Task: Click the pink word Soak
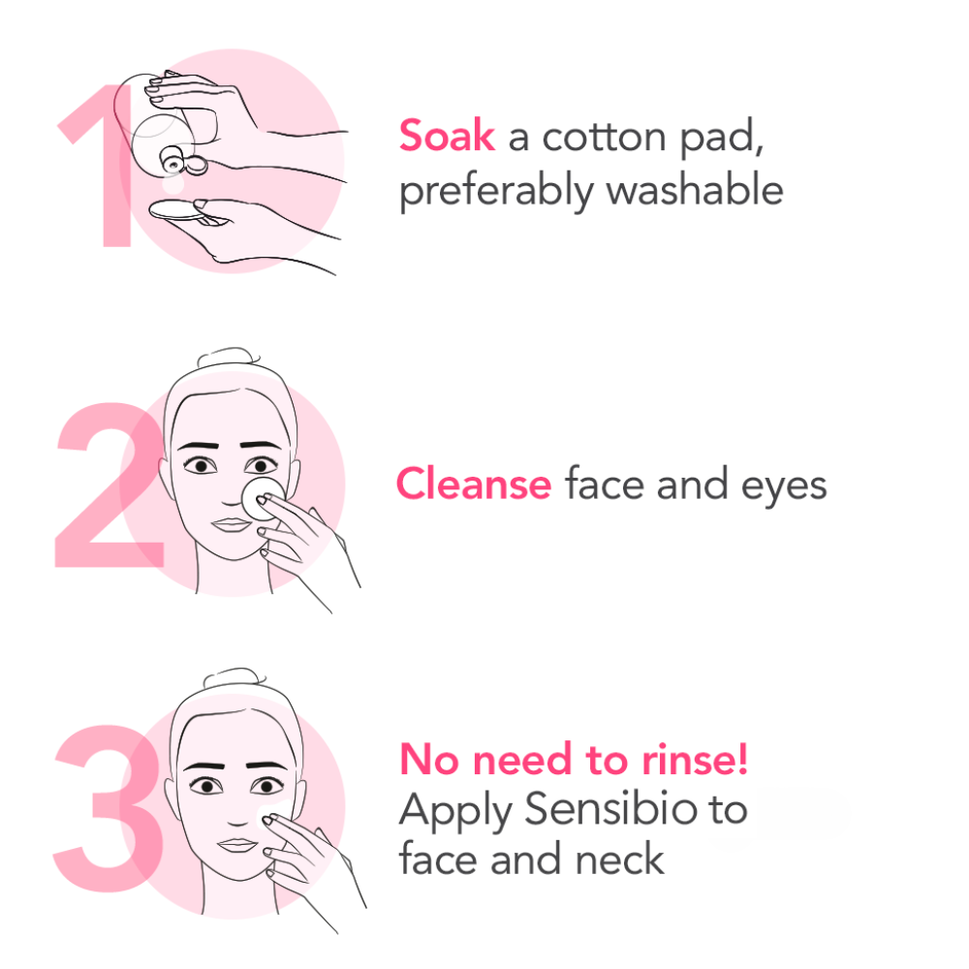[447, 135]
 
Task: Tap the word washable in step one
[695, 189]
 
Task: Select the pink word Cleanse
[474, 484]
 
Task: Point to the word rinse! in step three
[695, 759]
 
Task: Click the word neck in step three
[620, 859]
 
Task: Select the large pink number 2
[109, 484]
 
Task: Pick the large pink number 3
[109, 808]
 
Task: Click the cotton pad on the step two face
[263, 498]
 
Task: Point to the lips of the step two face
[231, 524]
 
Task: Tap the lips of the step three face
[237, 844]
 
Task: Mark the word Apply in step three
[455, 811]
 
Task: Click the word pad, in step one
[722, 139]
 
